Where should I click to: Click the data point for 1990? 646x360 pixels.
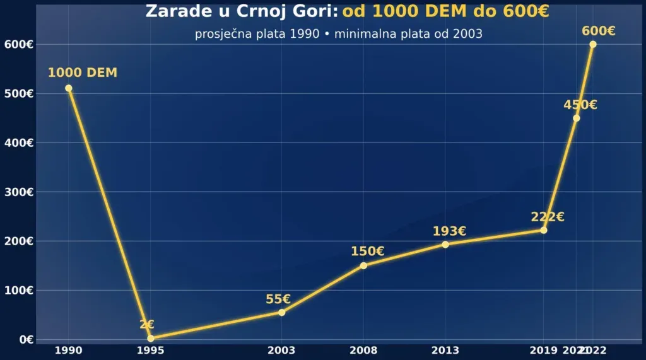pyautogui.click(x=69, y=88)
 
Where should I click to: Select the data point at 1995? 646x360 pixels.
pyautogui.click(x=151, y=339)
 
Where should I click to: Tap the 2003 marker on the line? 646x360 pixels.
pyautogui.click(x=281, y=312)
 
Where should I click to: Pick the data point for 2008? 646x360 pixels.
pyautogui.click(x=363, y=265)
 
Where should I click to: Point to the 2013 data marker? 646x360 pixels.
pyautogui.click(x=445, y=245)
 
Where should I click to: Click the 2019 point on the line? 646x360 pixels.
pyautogui.click(x=544, y=230)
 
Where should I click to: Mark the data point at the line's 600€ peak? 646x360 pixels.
pyautogui.click(x=593, y=44)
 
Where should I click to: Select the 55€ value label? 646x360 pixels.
pyautogui.click(x=278, y=299)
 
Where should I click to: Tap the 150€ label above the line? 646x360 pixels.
pyautogui.click(x=368, y=252)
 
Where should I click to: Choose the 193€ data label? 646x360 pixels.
pyautogui.click(x=449, y=231)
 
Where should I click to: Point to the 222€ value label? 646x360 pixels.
pyautogui.click(x=548, y=218)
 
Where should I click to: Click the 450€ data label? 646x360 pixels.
pyautogui.click(x=580, y=105)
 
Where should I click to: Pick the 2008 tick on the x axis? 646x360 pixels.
pyautogui.click(x=363, y=351)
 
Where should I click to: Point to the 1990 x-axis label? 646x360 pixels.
pyautogui.click(x=69, y=351)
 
